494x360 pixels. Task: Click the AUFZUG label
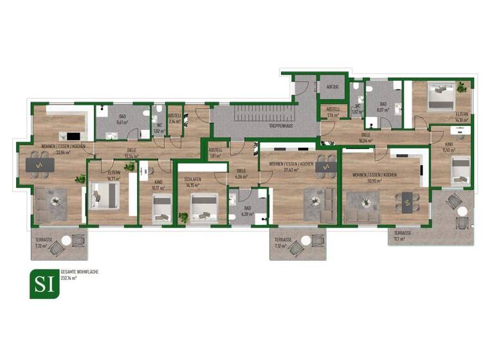click(333, 86)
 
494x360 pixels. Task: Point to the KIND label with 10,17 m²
click(157, 183)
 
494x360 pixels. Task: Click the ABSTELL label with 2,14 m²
click(174, 116)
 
